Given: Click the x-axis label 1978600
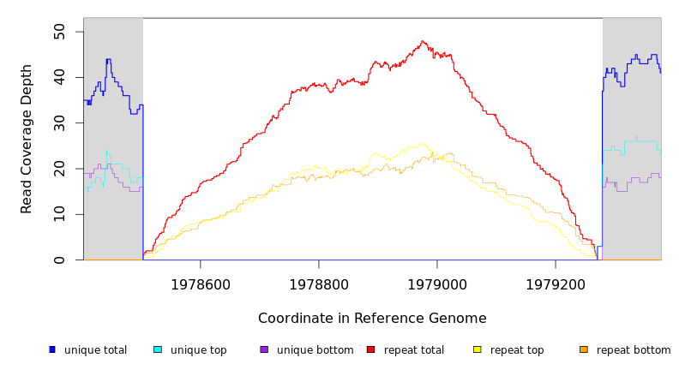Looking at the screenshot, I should point(201,284).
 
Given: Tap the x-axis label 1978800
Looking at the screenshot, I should point(319,284).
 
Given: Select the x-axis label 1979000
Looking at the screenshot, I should point(437,284).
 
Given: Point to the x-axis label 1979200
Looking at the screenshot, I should point(556,284).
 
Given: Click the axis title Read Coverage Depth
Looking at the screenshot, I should point(27,139).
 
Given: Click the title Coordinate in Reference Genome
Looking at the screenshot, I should point(372,319).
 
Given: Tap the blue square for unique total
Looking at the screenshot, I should point(52,349).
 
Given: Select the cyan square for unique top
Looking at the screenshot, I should point(158,349).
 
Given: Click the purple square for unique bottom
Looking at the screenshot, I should point(264,349).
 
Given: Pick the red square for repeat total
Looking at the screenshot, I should point(370,349).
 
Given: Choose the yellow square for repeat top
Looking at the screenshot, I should point(478,349).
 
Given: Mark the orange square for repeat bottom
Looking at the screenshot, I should point(584,349).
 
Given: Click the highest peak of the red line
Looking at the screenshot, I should point(423,41).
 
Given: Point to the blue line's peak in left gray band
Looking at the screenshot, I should point(108,60).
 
